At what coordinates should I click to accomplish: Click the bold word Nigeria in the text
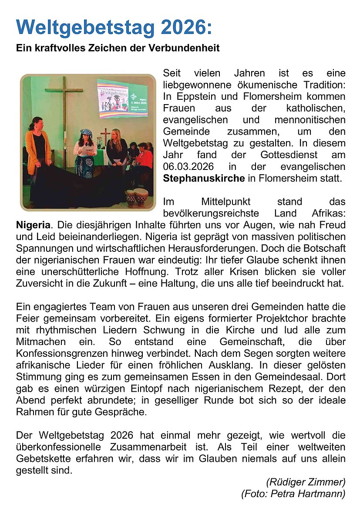[x=33, y=225]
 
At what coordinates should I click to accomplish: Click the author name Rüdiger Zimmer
[x=306, y=482]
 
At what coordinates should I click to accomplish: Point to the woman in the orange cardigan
[x=38, y=148]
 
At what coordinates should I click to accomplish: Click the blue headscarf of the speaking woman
[x=86, y=132]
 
